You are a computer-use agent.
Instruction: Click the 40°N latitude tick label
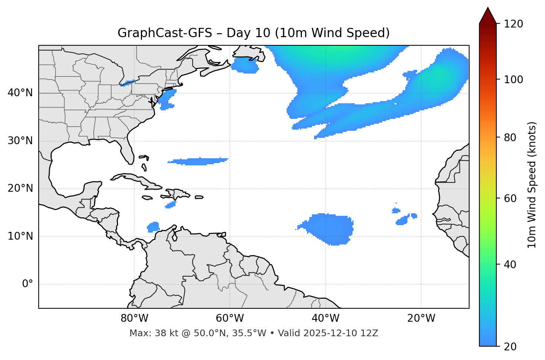pos(20,93)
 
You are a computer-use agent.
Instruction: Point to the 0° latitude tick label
pos(28,284)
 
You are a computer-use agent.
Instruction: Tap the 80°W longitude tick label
pos(134,318)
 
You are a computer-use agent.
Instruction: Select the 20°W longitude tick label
pos(421,318)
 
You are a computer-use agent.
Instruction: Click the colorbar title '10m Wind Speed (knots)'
pos(532,185)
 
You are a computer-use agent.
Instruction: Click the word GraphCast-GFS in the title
pos(165,33)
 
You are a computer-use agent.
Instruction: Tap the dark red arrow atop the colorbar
pos(488,16)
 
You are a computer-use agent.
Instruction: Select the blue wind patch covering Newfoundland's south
pos(245,66)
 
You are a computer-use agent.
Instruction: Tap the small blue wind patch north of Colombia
pos(153,227)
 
